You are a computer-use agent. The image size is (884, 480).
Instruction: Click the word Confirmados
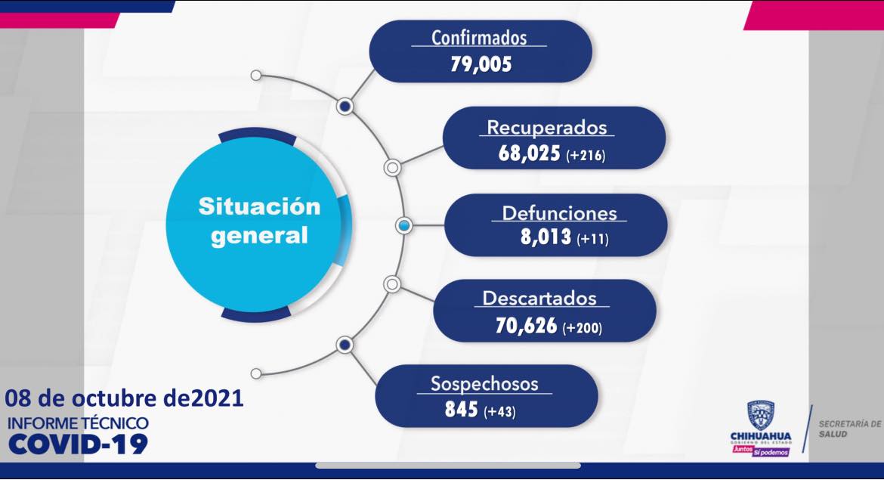point(479,38)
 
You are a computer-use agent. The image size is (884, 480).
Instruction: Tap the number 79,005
point(481,63)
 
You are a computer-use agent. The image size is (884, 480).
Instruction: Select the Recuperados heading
point(547,128)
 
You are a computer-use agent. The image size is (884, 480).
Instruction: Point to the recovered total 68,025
point(529,153)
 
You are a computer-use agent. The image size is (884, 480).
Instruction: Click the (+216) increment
point(586,155)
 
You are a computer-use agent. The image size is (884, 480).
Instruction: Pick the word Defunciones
point(559,213)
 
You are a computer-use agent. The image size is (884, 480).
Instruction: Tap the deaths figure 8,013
point(546,237)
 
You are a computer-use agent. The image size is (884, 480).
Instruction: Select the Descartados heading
point(539,299)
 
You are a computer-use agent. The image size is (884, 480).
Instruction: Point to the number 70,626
point(526,326)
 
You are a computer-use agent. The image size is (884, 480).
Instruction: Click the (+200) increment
point(583,328)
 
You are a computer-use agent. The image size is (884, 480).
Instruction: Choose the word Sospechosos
point(484,383)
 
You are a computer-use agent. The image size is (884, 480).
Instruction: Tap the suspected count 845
point(461,409)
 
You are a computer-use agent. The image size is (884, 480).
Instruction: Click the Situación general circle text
point(259,221)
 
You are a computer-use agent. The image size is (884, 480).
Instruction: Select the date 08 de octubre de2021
point(124,398)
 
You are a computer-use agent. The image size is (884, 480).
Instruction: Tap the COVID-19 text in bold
point(78,444)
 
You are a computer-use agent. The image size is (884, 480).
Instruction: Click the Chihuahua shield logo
point(761,416)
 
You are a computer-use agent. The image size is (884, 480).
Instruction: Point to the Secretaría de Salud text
point(849,429)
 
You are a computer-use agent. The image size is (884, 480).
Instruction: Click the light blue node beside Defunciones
point(403,225)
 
